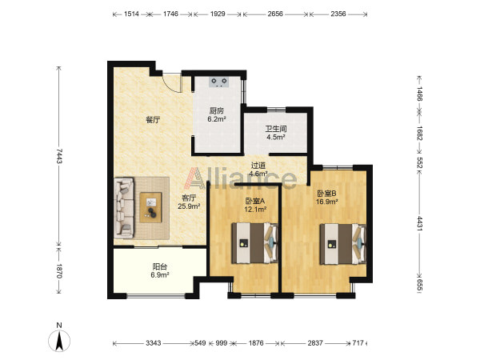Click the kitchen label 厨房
point(217,111)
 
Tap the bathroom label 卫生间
point(275,129)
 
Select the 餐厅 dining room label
point(153,120)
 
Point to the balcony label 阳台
point(159,266)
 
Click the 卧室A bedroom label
point(254,201)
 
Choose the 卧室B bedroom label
point(326,193)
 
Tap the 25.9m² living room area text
point(189,206)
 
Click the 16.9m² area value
point(327,202)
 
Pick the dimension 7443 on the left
point(59,156)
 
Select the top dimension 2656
point(275,14)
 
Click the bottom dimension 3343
point(153,343)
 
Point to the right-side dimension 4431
point(419,224)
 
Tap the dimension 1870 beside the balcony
point(59,271)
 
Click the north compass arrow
point(59,341)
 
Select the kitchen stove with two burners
point(219,82)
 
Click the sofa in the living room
point(124,208)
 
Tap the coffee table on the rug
point(150,207)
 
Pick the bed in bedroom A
point(254,243)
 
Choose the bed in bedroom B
point(343,244)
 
